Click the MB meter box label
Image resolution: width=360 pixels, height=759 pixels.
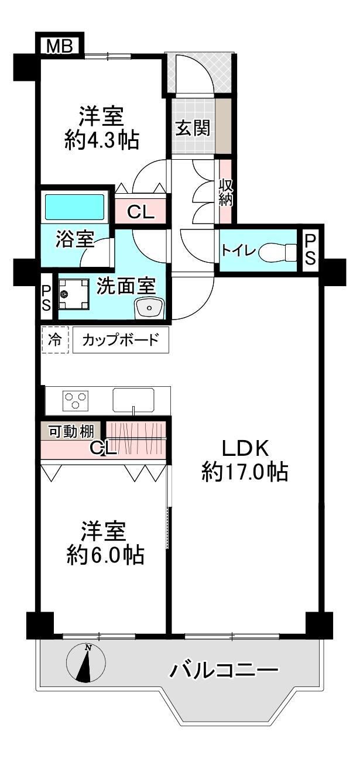click(60, 46)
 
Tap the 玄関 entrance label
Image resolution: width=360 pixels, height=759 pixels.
click(193, 128)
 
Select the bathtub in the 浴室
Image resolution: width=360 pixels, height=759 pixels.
click(76, 207)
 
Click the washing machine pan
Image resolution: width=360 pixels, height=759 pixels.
click(74, 294)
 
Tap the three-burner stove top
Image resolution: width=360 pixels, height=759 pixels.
click(76, 400)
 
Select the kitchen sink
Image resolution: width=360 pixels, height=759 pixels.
click(134, 400)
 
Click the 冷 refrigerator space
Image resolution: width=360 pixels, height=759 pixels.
click(55, 340)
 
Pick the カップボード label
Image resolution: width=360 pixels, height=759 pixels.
click(121, 340)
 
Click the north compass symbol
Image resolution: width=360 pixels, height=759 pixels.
click(86, 662)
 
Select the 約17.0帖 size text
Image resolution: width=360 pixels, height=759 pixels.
click(245, 472)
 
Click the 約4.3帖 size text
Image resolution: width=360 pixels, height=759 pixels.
click(102, 140)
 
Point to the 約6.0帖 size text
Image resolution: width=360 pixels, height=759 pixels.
click(105, 555)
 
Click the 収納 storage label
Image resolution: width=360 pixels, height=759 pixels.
click(225, 192)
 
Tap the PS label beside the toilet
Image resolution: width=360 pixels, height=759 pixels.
click(310, 250)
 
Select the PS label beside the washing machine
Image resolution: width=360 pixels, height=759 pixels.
click(46, 298)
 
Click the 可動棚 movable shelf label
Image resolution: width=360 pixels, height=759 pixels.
click(71, 432)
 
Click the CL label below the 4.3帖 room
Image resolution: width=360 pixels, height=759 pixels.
click(140, 213)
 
